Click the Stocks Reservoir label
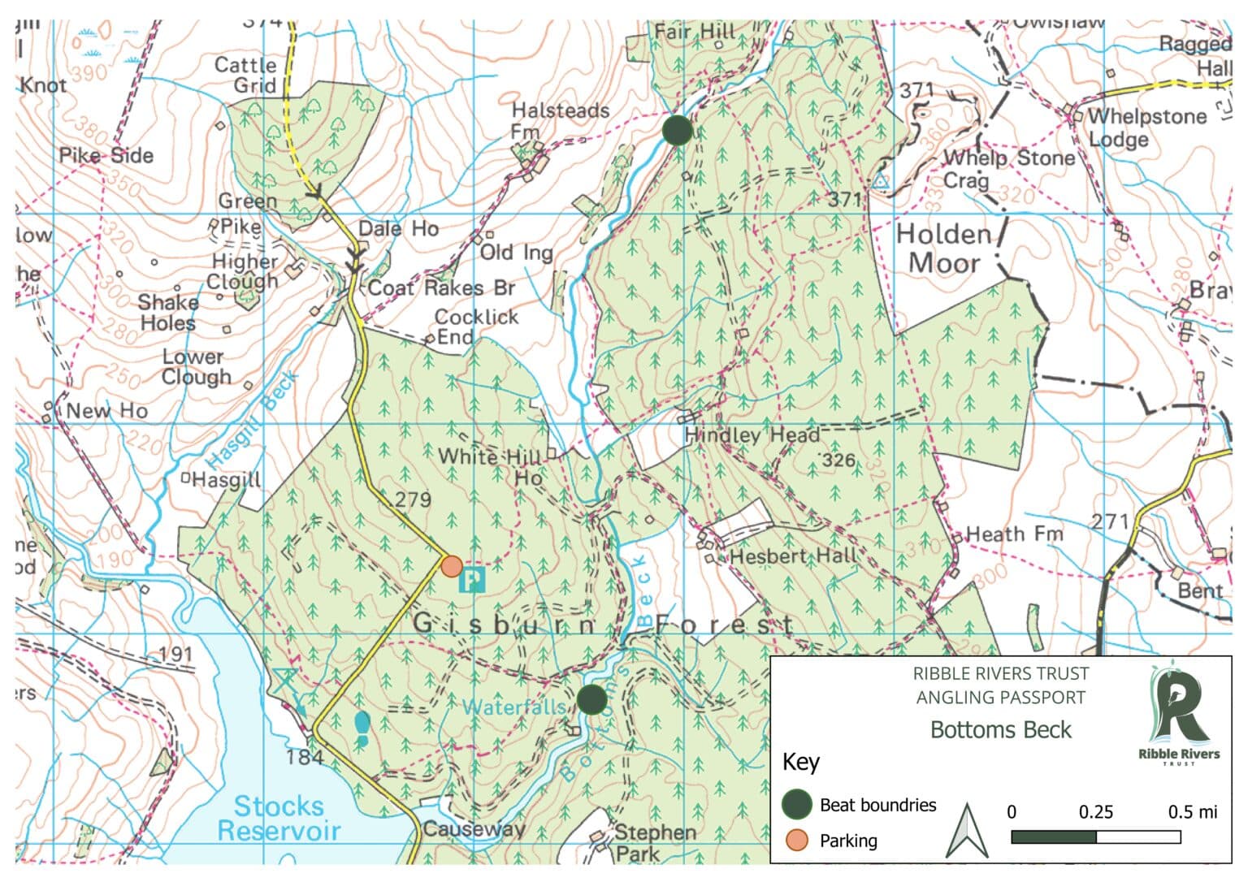tap(279, 818)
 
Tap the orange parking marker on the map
tap(452, 566)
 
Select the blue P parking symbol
tap(472, 580)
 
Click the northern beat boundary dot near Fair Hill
tap(677, 130)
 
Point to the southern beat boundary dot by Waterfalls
tap(591, 699)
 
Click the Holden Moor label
tap(944, 249)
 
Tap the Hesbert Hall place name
tap(794, 556)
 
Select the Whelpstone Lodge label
tap(1146, 128)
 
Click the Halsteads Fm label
tap(560, 120)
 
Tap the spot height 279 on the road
tap(412, 499)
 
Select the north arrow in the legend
tap(967, 831)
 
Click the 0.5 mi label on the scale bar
tap(1192, 811)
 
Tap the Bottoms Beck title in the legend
tap(1000, 730)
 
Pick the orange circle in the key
tap(797, 841)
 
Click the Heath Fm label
tap(1014, 534)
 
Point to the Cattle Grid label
tap(245, 75)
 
